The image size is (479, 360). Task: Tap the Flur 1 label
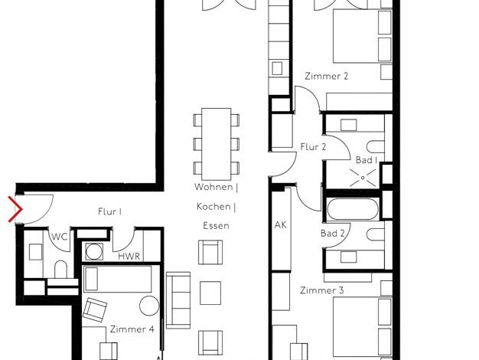point(110,211)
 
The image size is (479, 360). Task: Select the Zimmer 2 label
point(326,76)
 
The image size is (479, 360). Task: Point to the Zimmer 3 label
point(321,290)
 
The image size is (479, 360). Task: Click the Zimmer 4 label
point(132,329)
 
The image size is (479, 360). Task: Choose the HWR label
point(129,257)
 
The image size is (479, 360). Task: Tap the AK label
point(280,225)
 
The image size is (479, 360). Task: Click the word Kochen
point(213,207)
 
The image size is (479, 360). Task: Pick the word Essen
point(216,226)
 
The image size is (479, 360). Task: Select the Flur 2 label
point(313,147)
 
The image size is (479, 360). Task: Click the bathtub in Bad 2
point(353,209)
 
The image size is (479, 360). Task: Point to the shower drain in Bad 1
point(363,178)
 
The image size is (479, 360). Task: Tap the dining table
point(216,144)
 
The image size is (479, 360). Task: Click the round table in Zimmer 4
point(149,306)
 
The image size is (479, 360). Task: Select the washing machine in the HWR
point(94,252)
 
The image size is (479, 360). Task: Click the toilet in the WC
point(60,269)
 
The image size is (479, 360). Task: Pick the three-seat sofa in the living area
point(178,300)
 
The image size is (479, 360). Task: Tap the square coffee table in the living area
point(210,293)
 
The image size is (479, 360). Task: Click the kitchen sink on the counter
point(277,68)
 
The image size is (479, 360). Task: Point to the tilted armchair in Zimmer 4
point(95,309)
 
